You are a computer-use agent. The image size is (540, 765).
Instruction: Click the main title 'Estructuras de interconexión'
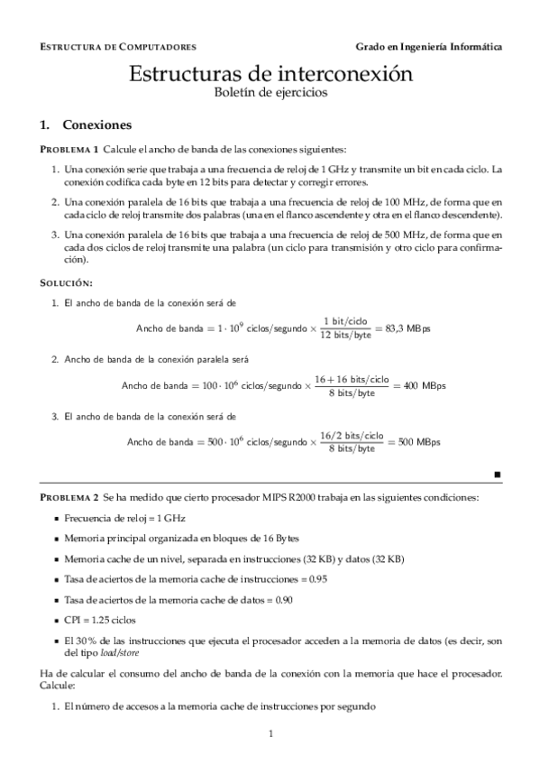[270, 75]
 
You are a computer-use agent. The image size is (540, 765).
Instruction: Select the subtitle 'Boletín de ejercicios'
[270, 93]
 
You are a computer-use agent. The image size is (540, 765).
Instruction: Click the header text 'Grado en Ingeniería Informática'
[428, 46]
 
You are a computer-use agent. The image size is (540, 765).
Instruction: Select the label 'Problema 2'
[69, 497]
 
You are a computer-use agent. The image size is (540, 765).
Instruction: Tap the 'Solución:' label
[67, 283]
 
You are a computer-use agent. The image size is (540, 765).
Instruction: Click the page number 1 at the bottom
[270, 734]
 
